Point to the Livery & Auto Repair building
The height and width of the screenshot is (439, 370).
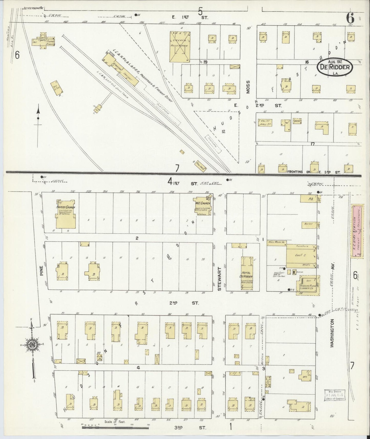tap(180, 47)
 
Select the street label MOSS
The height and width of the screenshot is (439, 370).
tap(248, 87)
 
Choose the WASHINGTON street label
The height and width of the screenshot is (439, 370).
tap(332, 333)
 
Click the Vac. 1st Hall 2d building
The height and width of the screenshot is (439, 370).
tap(265, 123)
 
